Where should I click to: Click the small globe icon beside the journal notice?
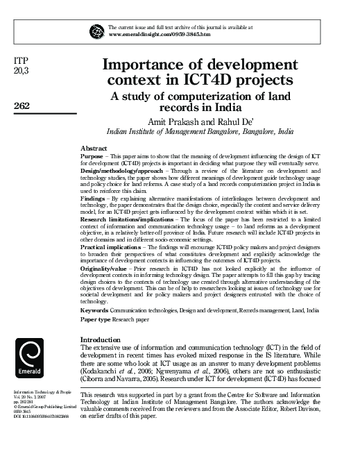coord(96,30)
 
